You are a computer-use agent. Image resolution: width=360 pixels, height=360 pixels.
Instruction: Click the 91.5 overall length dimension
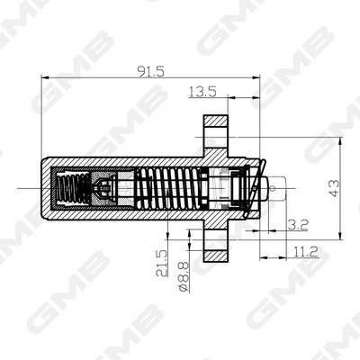point(150,71)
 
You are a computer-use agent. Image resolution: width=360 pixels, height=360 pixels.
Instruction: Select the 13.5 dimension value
point(202,92)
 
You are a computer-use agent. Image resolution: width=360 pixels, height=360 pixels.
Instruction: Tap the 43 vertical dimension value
point(334,188)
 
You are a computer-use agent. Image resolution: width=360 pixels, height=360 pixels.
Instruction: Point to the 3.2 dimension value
point(298,225)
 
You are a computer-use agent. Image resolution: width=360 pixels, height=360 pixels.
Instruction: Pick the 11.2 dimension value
point(305,251)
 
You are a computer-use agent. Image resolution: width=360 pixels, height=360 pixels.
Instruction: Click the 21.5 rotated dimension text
point(162,263)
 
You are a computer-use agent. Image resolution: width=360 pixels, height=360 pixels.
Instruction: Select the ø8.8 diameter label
point(184,276)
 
